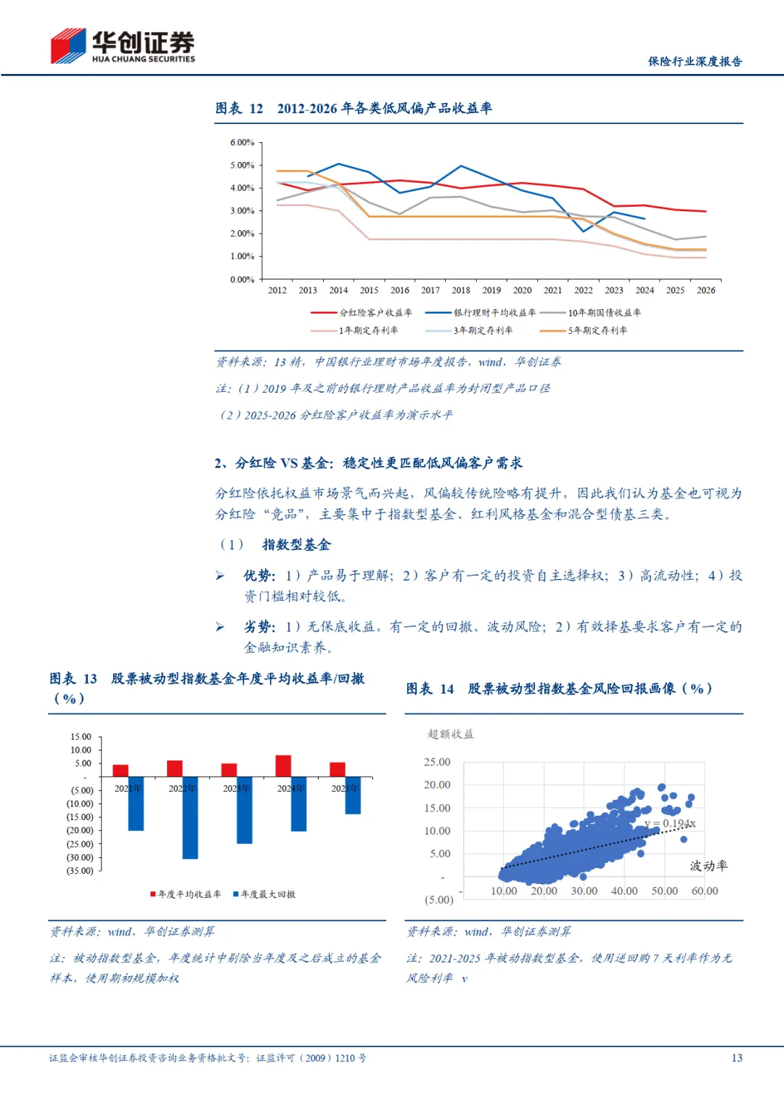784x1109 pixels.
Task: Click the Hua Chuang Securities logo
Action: tap(122, 46)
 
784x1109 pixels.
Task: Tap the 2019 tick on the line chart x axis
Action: tap(491, 290)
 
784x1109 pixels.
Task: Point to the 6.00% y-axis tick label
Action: tap(242, 142)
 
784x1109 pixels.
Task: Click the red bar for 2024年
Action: tap(283, 766)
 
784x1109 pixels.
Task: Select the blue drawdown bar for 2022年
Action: tap(190, 818)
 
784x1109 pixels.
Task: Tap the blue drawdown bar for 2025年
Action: tap(354, 795)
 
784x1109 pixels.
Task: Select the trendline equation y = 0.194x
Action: tap(670, 823)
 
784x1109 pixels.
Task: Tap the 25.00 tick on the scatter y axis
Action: tap(437, 762)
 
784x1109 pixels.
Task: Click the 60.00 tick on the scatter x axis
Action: tap(704, 891)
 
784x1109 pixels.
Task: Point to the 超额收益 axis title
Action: tap(451, 734)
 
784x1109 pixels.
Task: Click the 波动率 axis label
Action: tap(709, 866)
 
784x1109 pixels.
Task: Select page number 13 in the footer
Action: tap(737, 1058)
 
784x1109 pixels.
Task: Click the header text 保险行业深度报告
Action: tap(695, 62)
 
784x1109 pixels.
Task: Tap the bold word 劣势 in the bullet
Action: tap(258, 627)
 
